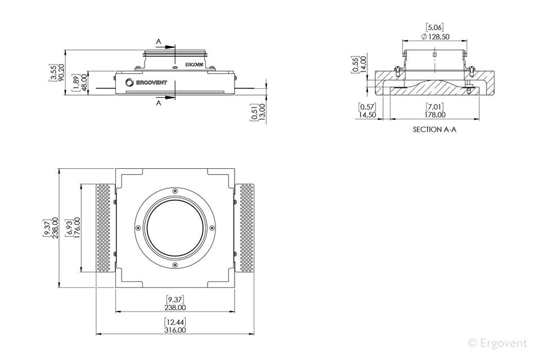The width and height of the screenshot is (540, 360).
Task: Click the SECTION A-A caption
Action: pyautogui.click(x=434, y=129)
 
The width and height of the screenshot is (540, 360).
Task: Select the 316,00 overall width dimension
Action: pyautogui.click(x=175, y=330)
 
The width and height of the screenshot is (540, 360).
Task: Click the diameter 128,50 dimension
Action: pyautogui.click(x=435, y=37)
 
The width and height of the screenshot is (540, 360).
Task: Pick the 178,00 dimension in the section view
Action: pyautogui.click(x=435, y=115)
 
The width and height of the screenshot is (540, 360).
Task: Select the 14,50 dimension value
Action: pyautogui.click(x=367, y=115)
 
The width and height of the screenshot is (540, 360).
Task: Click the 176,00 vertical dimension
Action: pyautogui.click(x=77, y=227)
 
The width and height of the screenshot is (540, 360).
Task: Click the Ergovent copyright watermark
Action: pyautogui.click(x=498, y=343)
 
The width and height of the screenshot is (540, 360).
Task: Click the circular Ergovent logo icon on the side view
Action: pyautogui.click(x=129, y=82)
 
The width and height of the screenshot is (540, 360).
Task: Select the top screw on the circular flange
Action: pyautogui.click(x=175, y=191)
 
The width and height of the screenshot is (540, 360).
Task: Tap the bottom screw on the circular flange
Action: pyautogui.click(x=175, y=264)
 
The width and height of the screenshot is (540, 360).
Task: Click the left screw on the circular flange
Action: pyautogui.click(x=138, y=227)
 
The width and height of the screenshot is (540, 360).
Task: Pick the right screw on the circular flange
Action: pyautogui.click(x=212, y=227)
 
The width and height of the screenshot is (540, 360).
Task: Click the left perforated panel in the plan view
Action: pyautogui.click(x=105, y=228)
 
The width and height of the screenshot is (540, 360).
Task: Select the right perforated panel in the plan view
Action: pyautogui.click(x=245, y=228)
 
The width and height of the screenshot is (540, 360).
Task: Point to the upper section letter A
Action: pyautogui.click(x=159, y=41)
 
